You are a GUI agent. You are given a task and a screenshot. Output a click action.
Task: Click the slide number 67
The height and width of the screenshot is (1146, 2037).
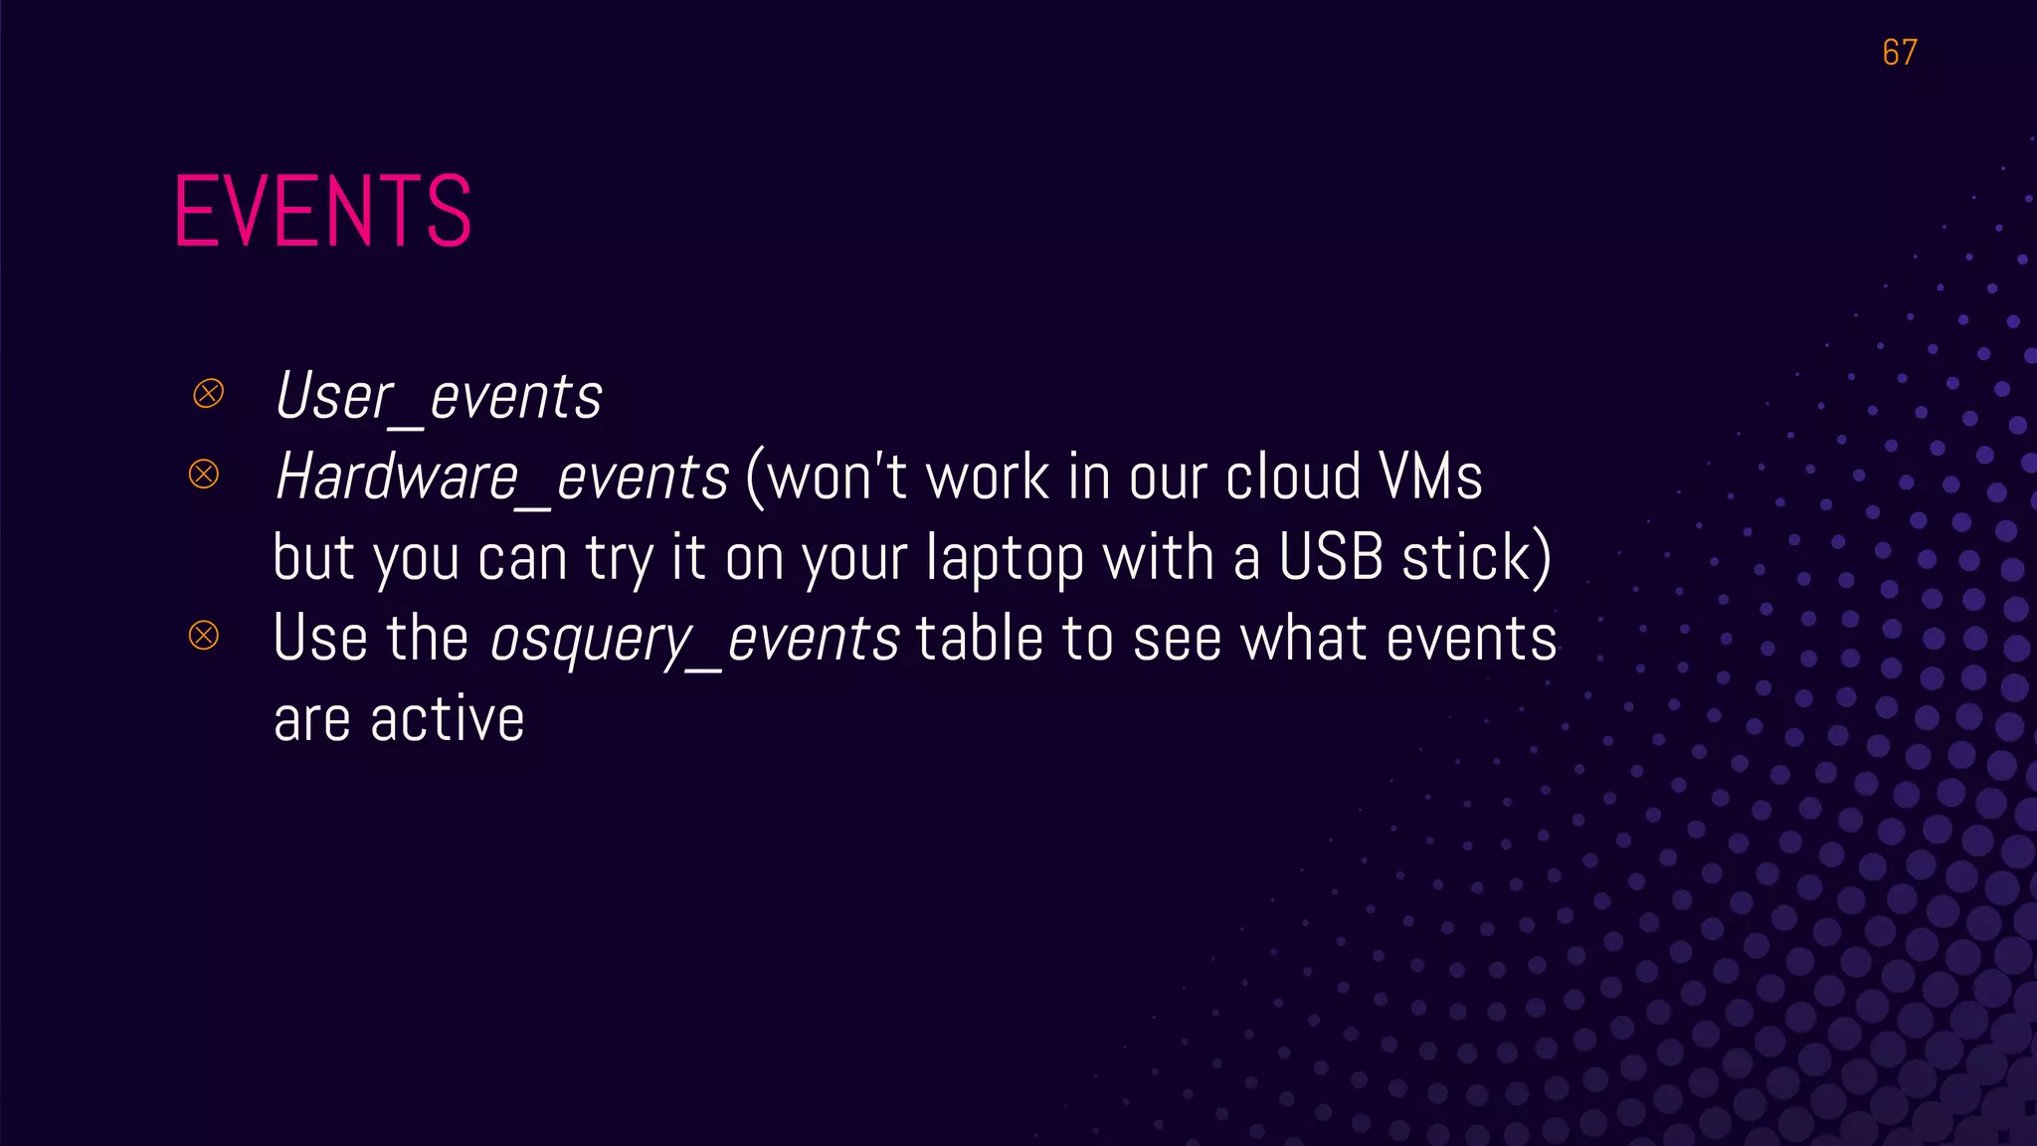point(1899,52)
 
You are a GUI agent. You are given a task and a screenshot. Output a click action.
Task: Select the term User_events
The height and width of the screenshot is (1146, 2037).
point(438,396)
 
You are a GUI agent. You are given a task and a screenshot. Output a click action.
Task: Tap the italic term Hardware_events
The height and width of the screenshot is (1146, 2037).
point(501,477)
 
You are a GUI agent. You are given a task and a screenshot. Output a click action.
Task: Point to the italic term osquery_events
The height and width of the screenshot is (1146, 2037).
point(694,639)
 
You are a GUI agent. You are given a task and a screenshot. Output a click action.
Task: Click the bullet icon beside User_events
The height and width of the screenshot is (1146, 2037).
point(208,394)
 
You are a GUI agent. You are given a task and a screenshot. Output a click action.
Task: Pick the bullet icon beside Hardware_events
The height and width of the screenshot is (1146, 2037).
point(204,474)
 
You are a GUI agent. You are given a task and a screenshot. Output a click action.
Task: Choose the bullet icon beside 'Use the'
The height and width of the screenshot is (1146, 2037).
point(204,635)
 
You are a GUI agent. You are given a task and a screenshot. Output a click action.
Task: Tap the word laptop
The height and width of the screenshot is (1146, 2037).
point(1004,559)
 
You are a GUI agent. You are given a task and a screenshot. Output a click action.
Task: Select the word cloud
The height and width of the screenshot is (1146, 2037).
point(1292,477)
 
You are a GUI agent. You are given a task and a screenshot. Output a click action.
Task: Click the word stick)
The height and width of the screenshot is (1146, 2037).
point(1476,557)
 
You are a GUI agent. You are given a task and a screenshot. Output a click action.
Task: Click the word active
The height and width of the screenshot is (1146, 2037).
point(447,718)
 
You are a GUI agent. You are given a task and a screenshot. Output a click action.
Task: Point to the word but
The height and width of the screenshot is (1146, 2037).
point(313,557)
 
